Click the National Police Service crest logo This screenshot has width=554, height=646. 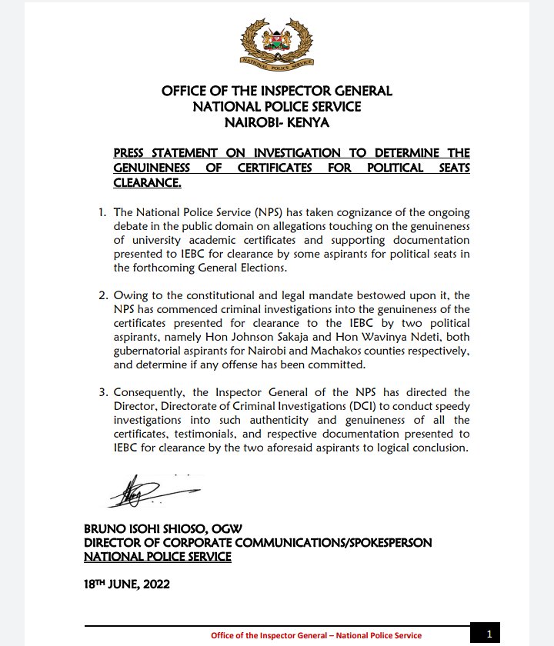pyautogui.click(x=276, y=43)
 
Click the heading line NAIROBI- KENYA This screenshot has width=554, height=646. pyautogui.click(x=276, y=122)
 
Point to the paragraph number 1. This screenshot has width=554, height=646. pyautogui.click(x=102, y=212)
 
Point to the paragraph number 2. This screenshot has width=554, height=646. pyautogui.click(x=102, y=295)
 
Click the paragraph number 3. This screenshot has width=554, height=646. pyautogui.click(x=102, y=392)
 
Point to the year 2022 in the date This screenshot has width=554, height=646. pyautogui.click(x=153, y=584)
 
